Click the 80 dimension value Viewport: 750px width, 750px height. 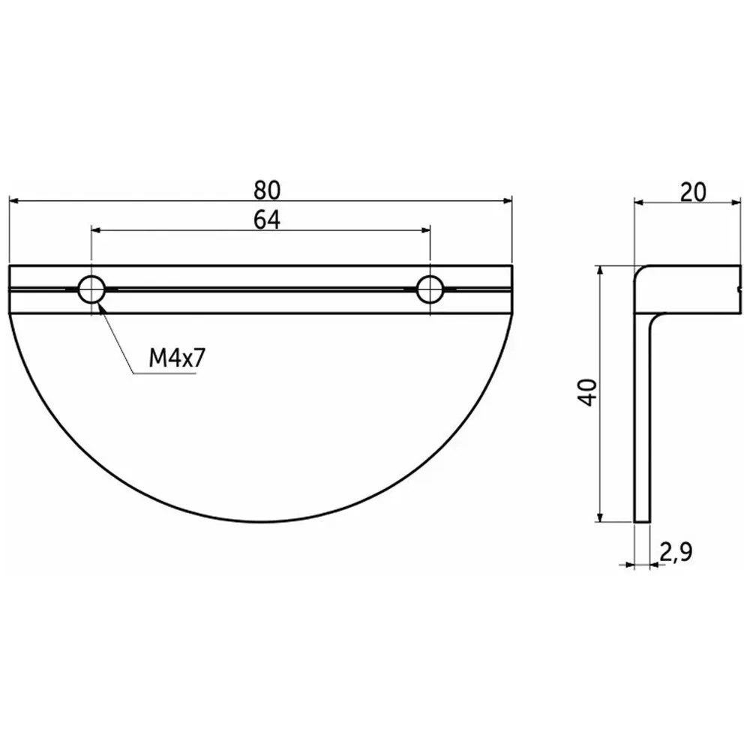pyautogui.click(x=267, y=190)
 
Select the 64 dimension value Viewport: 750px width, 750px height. pyautogui.click(x=267, y=220)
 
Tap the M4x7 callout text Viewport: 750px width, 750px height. pyautogui.click(x=177, y=358)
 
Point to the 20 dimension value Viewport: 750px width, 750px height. pyautogui.click(x=692, y=192)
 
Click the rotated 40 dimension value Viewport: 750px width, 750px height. pyautogui.click(x=588, y=392)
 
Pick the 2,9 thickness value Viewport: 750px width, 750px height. pyautogui.click(x=676, y=553)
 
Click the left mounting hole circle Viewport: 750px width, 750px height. pyautogui.click(x=91, y=289)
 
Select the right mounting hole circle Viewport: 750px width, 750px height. pyautogui.click(x=430, y=289)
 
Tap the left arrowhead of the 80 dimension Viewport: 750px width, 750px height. pyautogui.click(x=14, y=201)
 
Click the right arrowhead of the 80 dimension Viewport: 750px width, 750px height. pyautogui.click(x=507, y=201)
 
